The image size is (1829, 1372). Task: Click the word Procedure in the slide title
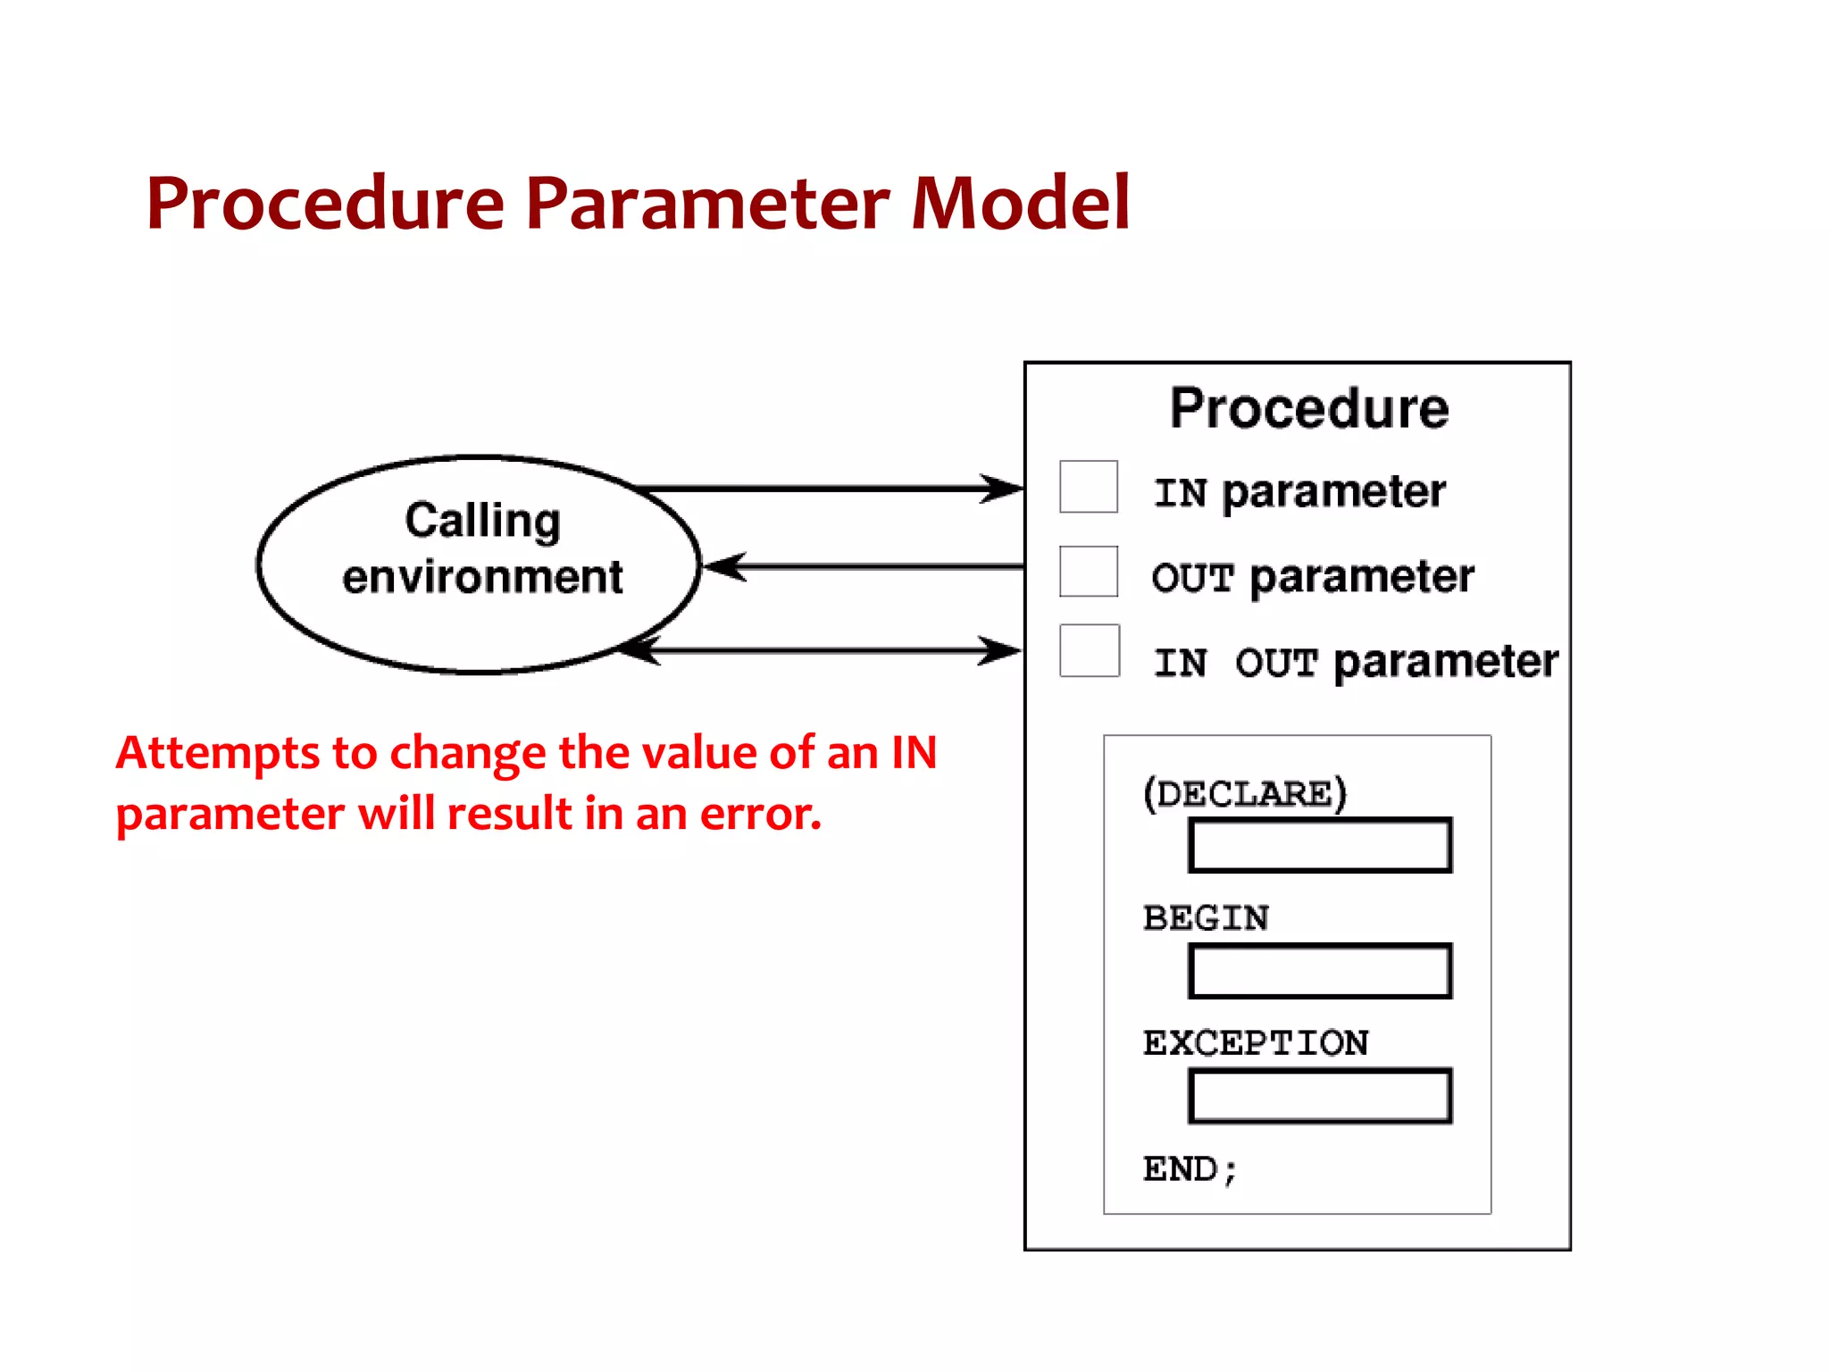pyautogui.click(x=326, y=204)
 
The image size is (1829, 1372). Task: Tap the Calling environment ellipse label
pyautogui.click(x=482, y=548)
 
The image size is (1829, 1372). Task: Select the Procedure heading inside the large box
pyautogui.click(x=1309, y=409)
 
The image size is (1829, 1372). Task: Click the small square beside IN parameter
pyautogui.click(x=1088, y=487)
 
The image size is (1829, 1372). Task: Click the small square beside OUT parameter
pyautogui.click(x=1088, y=572)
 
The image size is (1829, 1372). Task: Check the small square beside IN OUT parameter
pyautogui.click(x=1089, y=650)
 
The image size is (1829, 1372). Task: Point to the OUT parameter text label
pyautogui.click(x=1313, y=576)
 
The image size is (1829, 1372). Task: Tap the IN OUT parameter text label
pyautogui.click(x=1355, y=662)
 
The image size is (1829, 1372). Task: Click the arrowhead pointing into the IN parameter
pyautogui.click(x=1002, y=489)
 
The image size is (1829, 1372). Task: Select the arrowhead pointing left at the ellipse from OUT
pyautogui.click(x=725, y=566)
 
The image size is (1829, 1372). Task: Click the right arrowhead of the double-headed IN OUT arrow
pyautogui.click(x=1000, y=650)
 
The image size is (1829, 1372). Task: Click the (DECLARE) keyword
pyautogui.click(x=1245, y=793)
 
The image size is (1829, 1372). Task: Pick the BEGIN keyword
pyautogui.click(x=1206, y=917)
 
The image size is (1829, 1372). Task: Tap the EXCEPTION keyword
pyautogui.click(x=1256, y=1042)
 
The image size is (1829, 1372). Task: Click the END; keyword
pyautogui.click(x=1190, y=1168)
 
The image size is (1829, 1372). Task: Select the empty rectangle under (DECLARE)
pyautogui.click(x=1319, y=845)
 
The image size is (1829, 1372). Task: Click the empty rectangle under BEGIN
pyautogui.click(x=1319, y=970)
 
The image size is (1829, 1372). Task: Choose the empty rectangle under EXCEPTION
pyautogui.click(x=1319, y=1095)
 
